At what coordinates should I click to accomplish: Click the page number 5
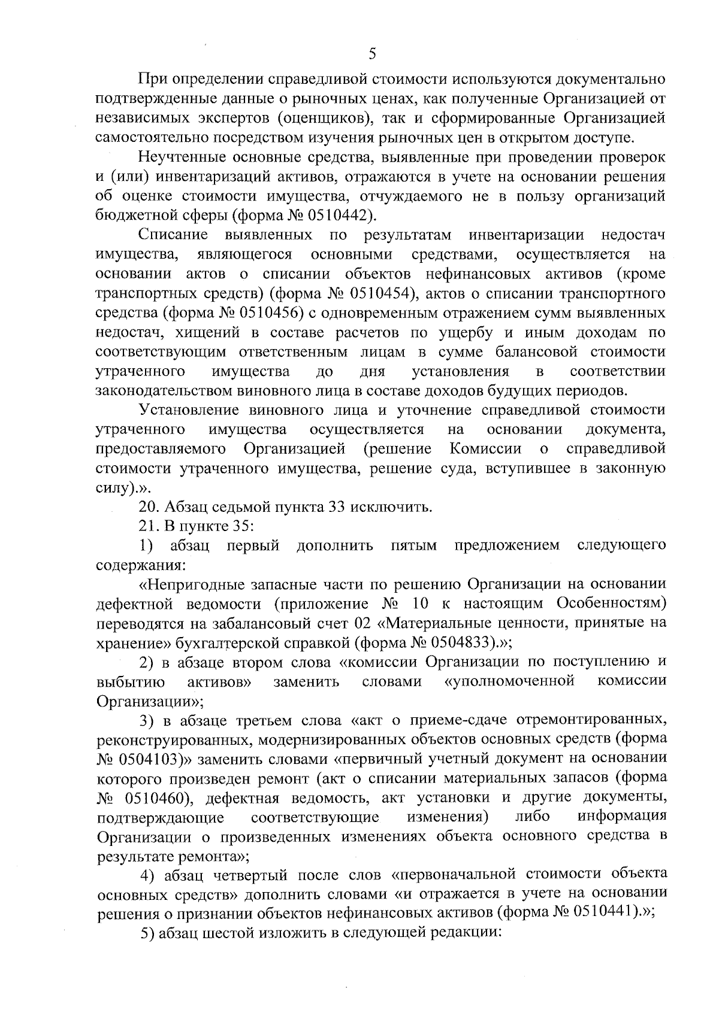(x=372, y=54)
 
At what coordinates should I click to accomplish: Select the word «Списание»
(x=173, y=234)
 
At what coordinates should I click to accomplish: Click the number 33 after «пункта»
(x=335, y=507)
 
